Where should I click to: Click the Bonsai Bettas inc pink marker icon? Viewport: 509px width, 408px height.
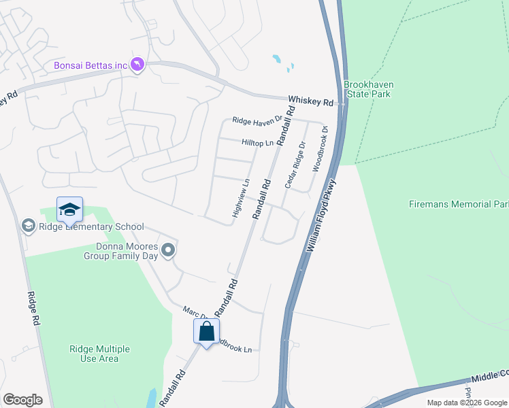click(x=138, y=65)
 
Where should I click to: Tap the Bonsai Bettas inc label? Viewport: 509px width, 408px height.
click(x=91, y=65)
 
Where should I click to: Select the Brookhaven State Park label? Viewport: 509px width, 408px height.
click(x=368, y=89)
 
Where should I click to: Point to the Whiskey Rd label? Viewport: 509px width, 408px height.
click(x=310, y=101)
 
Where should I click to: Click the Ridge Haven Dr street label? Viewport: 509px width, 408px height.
click(x=257, y=120)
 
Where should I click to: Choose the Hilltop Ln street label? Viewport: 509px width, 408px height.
click(x=257, y=143)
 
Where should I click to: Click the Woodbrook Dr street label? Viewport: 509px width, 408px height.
click(x=320, y=149)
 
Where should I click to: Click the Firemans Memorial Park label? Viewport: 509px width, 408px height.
click(x=459, y=204)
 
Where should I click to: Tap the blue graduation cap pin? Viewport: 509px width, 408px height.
click(x=69, y=209)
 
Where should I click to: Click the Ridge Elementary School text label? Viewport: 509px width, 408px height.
click(x=91, y=227)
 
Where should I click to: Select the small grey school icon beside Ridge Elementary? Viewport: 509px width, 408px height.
click(x=29, y=225)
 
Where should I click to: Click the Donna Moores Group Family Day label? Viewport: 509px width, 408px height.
click(x=121, y=251)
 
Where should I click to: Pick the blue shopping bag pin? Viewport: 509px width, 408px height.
click(x=207, y=332)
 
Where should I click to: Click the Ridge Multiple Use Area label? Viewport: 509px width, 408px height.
click(x=99, y=354)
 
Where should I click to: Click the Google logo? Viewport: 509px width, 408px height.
click(x=22, y=399)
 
